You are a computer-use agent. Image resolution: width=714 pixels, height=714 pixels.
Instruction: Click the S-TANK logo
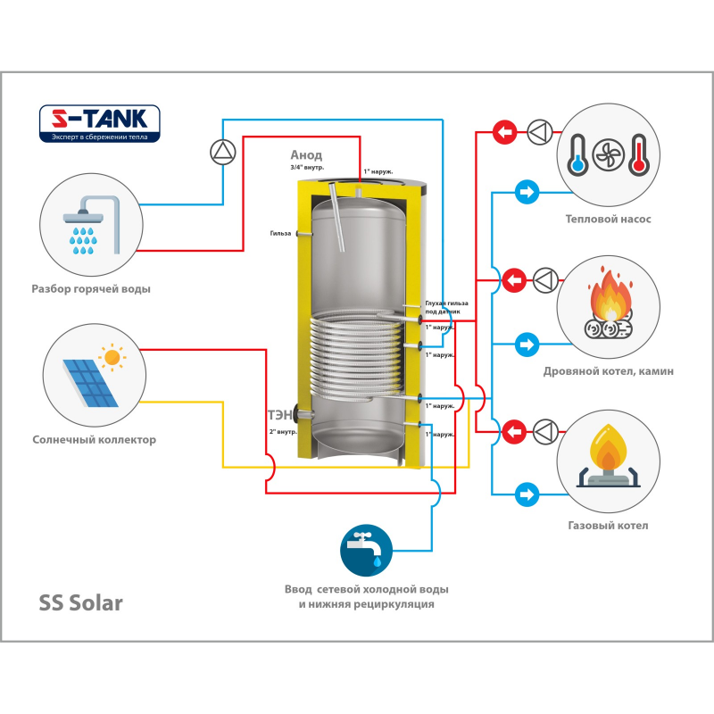pos(99,123)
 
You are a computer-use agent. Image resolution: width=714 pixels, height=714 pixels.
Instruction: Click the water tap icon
pos(366,549)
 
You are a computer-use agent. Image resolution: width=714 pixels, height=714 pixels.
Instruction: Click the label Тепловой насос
pos(608,218)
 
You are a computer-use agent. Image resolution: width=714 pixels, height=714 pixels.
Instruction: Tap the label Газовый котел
pos(608,526)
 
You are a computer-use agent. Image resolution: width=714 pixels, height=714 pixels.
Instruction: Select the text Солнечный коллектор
pos(94,440)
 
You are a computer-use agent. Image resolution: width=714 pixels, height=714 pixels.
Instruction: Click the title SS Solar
pos(80,603)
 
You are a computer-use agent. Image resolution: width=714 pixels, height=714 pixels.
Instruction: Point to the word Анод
pos(306,154)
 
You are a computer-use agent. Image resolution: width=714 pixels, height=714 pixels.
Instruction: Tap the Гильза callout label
pos(280,234)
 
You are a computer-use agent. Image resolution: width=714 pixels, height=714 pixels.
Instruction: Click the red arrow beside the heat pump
pos(505,133)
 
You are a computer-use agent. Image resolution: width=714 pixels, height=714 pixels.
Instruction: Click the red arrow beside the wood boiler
pos(513,280)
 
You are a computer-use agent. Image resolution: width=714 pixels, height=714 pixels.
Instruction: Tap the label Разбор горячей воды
pos(91,289)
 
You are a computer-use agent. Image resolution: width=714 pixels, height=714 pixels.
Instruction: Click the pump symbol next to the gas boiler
pos(544,432)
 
